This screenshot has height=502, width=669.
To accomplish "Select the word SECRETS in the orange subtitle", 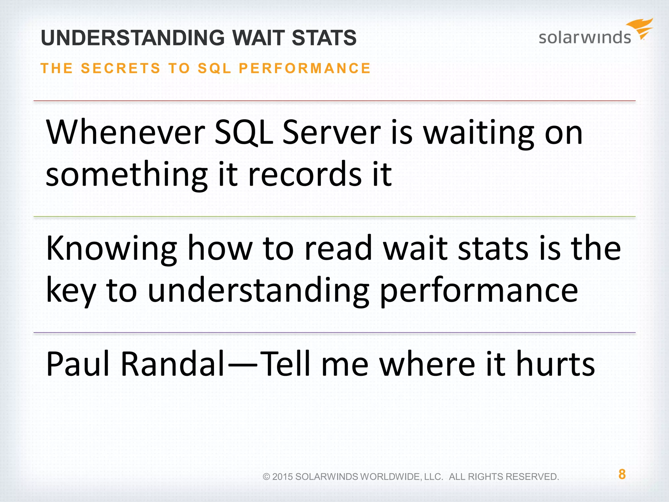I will click(121, 68).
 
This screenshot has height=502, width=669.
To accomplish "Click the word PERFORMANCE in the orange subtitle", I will click(304, 68).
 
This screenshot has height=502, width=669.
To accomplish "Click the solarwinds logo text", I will click(584, 37).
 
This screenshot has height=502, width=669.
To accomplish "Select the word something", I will click(126, 175).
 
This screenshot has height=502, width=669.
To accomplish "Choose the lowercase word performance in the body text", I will click(479, 291).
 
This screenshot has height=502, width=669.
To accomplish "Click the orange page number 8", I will click(622, 474).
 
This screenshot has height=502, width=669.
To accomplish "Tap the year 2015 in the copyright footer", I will click(283, 477).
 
